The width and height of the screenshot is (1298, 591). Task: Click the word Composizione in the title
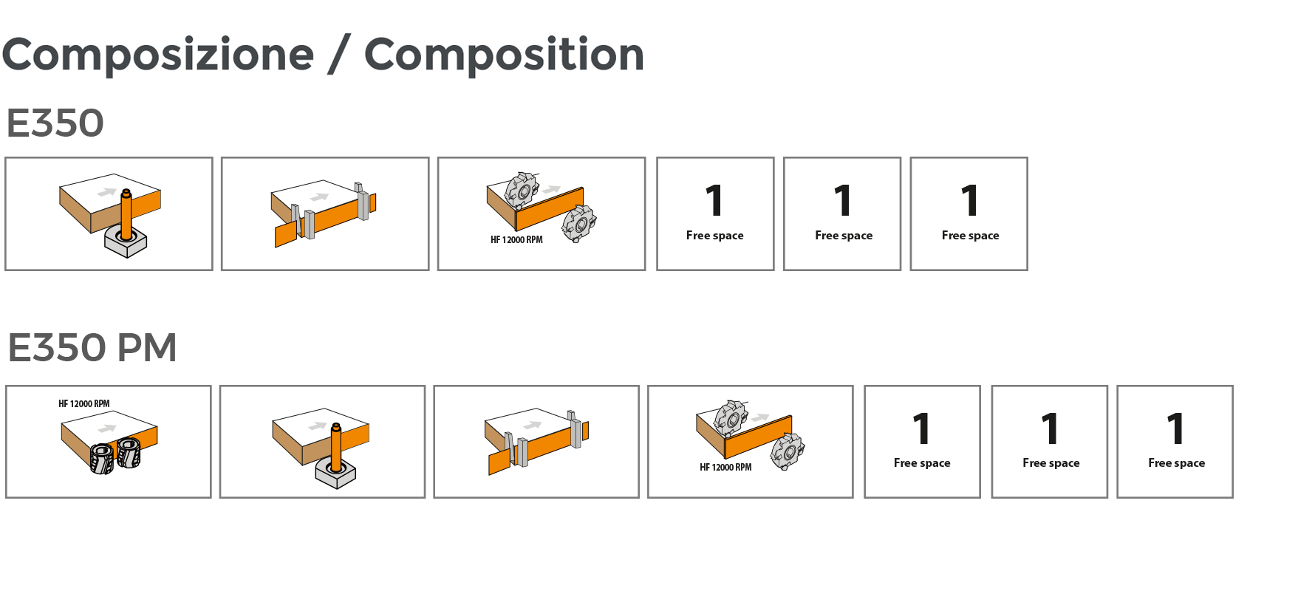[x=157, y=55]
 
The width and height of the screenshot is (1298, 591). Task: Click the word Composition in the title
[x=504, y=55]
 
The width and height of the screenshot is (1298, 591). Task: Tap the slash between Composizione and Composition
[x=339, y=55]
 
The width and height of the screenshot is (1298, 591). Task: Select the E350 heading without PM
[x=55, y=123]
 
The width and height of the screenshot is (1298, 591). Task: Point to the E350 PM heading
[x=92, y=347]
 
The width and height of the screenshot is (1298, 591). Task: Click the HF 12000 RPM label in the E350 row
[x=516, y=240]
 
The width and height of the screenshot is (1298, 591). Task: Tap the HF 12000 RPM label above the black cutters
[x=83, y=404]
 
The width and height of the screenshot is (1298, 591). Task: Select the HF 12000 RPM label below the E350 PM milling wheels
[x=725, y=468]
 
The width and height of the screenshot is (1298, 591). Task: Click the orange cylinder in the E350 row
[x=126, y=214]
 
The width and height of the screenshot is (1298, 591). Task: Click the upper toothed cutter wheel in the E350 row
[x=522, y=190]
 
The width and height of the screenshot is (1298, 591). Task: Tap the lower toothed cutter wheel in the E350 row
[x=578, y=224]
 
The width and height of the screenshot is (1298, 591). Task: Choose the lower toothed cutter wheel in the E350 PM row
[x=788, y=451]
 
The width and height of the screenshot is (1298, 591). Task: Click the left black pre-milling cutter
[x=102, y=458]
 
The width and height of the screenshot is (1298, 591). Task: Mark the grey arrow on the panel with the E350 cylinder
[x=107, y=192]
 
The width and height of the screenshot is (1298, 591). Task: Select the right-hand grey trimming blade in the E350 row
[x=362, y=202]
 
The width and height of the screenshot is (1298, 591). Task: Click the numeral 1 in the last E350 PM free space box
[x=1175, y=428]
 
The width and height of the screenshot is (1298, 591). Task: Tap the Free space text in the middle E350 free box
[x=843, y=236]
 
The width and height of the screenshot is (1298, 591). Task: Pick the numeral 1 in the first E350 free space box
[x=714, y=200]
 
